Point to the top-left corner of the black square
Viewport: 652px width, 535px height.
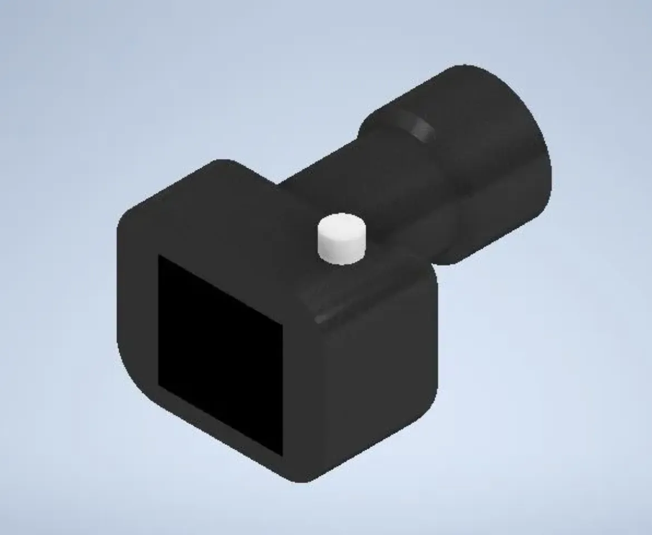[159, 256]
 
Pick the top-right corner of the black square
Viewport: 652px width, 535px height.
[283, 323]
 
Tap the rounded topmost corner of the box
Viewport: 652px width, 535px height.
[223, 164]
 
